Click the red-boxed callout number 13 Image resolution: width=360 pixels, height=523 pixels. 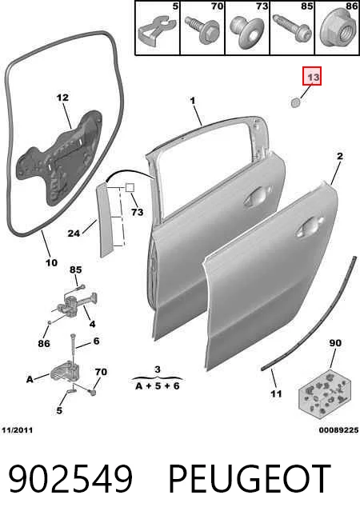pos(312,77)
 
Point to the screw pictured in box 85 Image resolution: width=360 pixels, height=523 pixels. pos(293,29)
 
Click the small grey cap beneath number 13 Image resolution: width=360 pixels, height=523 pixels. pos(295,102)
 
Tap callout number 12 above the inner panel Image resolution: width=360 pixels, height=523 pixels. pos(62,98)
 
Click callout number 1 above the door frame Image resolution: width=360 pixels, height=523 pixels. pos(193,101)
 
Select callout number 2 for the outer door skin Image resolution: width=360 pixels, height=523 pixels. pos(340,156)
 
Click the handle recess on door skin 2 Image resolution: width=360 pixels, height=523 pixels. pos(310,227)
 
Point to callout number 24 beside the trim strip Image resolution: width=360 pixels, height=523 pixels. pos(74,234)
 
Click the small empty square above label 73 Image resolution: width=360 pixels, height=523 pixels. pos(130,187)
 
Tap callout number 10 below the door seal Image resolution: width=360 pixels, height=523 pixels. pos(51,263)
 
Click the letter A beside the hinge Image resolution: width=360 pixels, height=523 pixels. pos(30,380)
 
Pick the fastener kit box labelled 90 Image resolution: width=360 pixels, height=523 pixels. pos(324,394)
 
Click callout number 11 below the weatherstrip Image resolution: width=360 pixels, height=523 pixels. pos(276,394)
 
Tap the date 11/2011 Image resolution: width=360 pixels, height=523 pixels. pos(18,430)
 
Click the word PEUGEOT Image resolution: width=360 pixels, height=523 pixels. pos(250,479)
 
